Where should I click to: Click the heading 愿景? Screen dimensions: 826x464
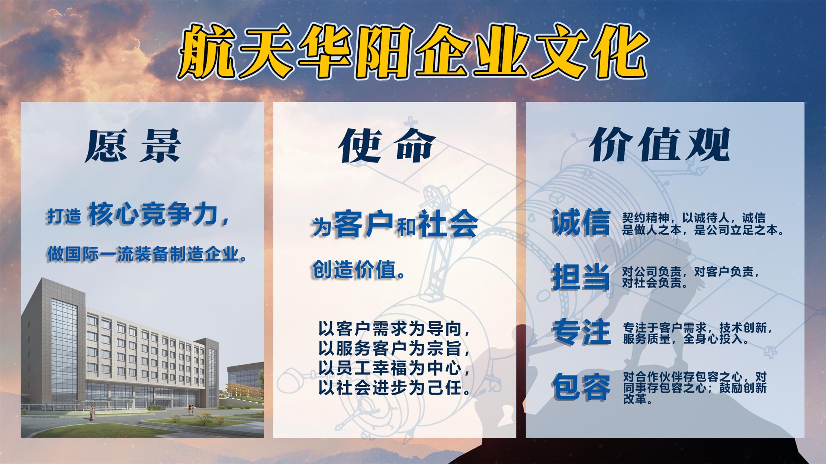[133, 146]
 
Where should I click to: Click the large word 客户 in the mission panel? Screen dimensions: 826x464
[363, 223]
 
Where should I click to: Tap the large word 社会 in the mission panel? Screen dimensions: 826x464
[448, 223]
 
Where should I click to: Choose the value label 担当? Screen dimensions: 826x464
[581, 277]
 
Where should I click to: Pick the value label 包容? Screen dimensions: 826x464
[581, 387]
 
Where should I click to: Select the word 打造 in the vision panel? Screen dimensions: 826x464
[64, 216]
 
